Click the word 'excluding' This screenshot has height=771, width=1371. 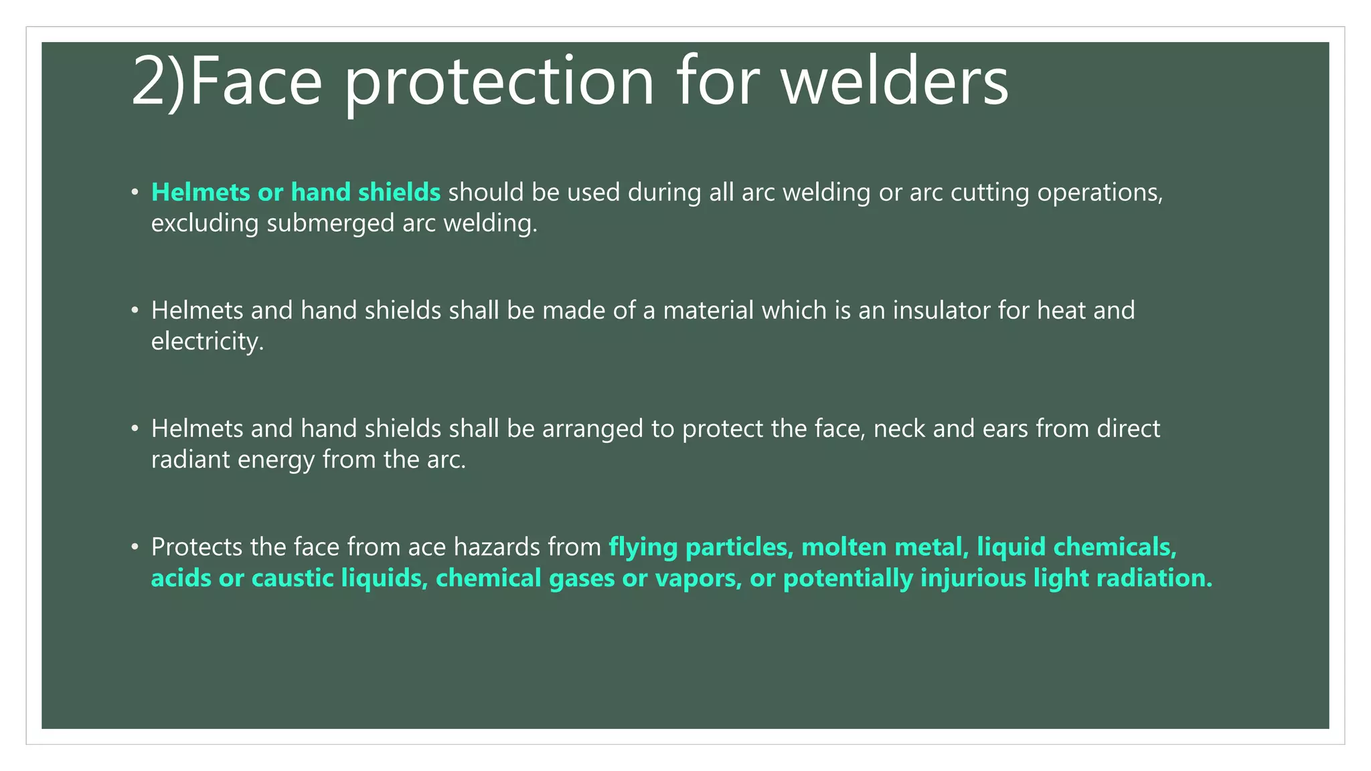pos(205,224)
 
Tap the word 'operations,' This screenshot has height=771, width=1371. pos(1101,193)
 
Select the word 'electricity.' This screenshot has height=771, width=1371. pos(208,342)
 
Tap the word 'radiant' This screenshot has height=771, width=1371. pos(190,460)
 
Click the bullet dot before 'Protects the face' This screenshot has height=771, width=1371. pos(135,547)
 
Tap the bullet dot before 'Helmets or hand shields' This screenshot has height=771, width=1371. pos(135,193)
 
